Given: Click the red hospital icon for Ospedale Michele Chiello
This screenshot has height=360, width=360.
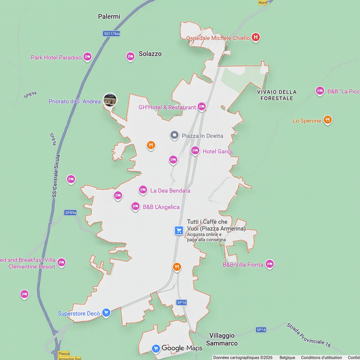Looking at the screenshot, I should point(256,37).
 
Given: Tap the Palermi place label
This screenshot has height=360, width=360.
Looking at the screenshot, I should point(109,17).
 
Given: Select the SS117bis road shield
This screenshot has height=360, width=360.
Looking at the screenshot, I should point(111,34).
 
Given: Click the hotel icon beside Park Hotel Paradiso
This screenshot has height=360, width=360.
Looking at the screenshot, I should point(88,57).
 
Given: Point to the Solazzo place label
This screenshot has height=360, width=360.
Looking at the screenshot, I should point(150,54).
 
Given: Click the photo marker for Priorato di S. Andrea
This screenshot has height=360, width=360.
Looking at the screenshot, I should point(110,100).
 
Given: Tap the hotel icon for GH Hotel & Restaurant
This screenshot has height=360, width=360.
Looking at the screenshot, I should point(201,106).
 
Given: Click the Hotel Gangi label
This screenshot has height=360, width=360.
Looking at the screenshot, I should point(217,152).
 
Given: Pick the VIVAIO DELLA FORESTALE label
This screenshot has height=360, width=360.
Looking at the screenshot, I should point(277,95).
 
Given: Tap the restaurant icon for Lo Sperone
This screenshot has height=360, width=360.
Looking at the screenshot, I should point(328,120).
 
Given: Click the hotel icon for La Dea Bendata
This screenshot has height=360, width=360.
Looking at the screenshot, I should point(143,190).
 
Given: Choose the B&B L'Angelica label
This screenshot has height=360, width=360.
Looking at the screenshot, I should point(161,207).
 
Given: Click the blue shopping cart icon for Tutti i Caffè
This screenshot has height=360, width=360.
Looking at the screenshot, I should point(179,230).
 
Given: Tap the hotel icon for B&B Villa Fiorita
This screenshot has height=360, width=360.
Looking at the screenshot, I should point(270,264).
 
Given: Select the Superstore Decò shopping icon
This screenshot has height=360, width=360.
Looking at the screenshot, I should point(106,313).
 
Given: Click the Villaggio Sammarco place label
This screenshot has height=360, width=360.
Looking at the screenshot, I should point(222,339).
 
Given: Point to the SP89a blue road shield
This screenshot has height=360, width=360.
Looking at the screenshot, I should point(70,213).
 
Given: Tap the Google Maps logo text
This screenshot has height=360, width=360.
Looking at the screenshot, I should point(182,348).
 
